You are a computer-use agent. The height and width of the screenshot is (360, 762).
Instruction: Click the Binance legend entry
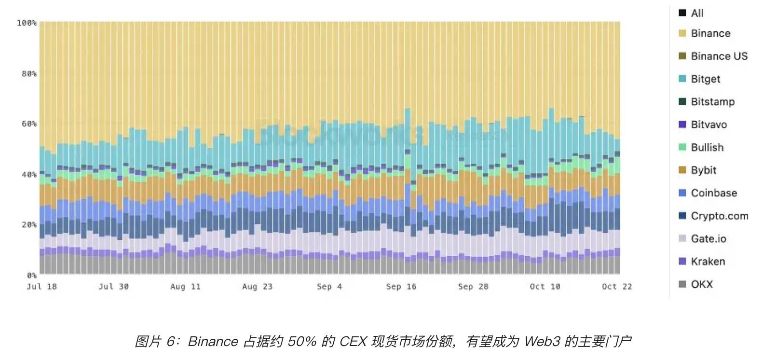(710, 33)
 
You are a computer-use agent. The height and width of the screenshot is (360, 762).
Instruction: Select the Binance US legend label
(719, 56)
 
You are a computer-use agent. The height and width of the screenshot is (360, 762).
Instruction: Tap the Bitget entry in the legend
(705, 79)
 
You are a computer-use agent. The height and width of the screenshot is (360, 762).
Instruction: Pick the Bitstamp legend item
(712, 102)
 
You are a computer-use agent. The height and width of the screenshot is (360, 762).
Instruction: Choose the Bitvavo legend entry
(708, 125)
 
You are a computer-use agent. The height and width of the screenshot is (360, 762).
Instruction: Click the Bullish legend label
(707, 147)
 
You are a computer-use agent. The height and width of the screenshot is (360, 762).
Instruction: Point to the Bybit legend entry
(703, 170)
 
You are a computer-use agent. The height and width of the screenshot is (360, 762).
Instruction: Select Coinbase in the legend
(714, 193)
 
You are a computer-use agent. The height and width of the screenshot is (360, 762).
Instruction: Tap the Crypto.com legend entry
(719, 216)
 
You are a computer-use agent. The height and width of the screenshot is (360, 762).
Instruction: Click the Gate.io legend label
(708, 238)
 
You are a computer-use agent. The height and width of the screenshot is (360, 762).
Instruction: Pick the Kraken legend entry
(708, 262)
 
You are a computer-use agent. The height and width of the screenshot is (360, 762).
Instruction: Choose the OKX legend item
(701, 284)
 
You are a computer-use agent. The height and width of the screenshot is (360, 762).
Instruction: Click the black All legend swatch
(682, 13)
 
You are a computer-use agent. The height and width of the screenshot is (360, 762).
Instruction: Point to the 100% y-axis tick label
(27, 23)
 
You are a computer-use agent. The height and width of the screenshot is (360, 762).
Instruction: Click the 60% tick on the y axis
(29, 124)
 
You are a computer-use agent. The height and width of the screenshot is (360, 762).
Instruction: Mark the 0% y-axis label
(31, 275)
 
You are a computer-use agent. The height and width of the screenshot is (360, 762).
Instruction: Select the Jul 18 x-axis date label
(41, 287)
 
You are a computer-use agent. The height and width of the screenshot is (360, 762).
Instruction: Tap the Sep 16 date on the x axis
(401, 287)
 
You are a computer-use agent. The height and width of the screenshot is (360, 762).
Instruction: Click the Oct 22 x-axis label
(617, 287)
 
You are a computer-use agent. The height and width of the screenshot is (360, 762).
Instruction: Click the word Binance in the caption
(213, 342)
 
